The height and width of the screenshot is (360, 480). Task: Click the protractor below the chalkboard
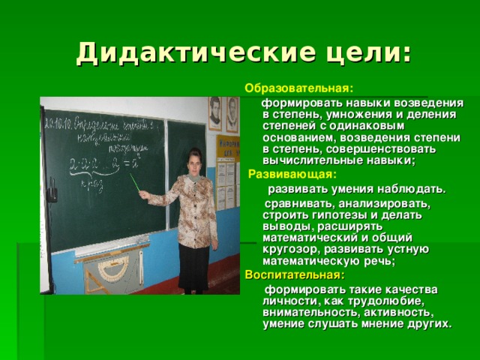pos(112,269)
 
